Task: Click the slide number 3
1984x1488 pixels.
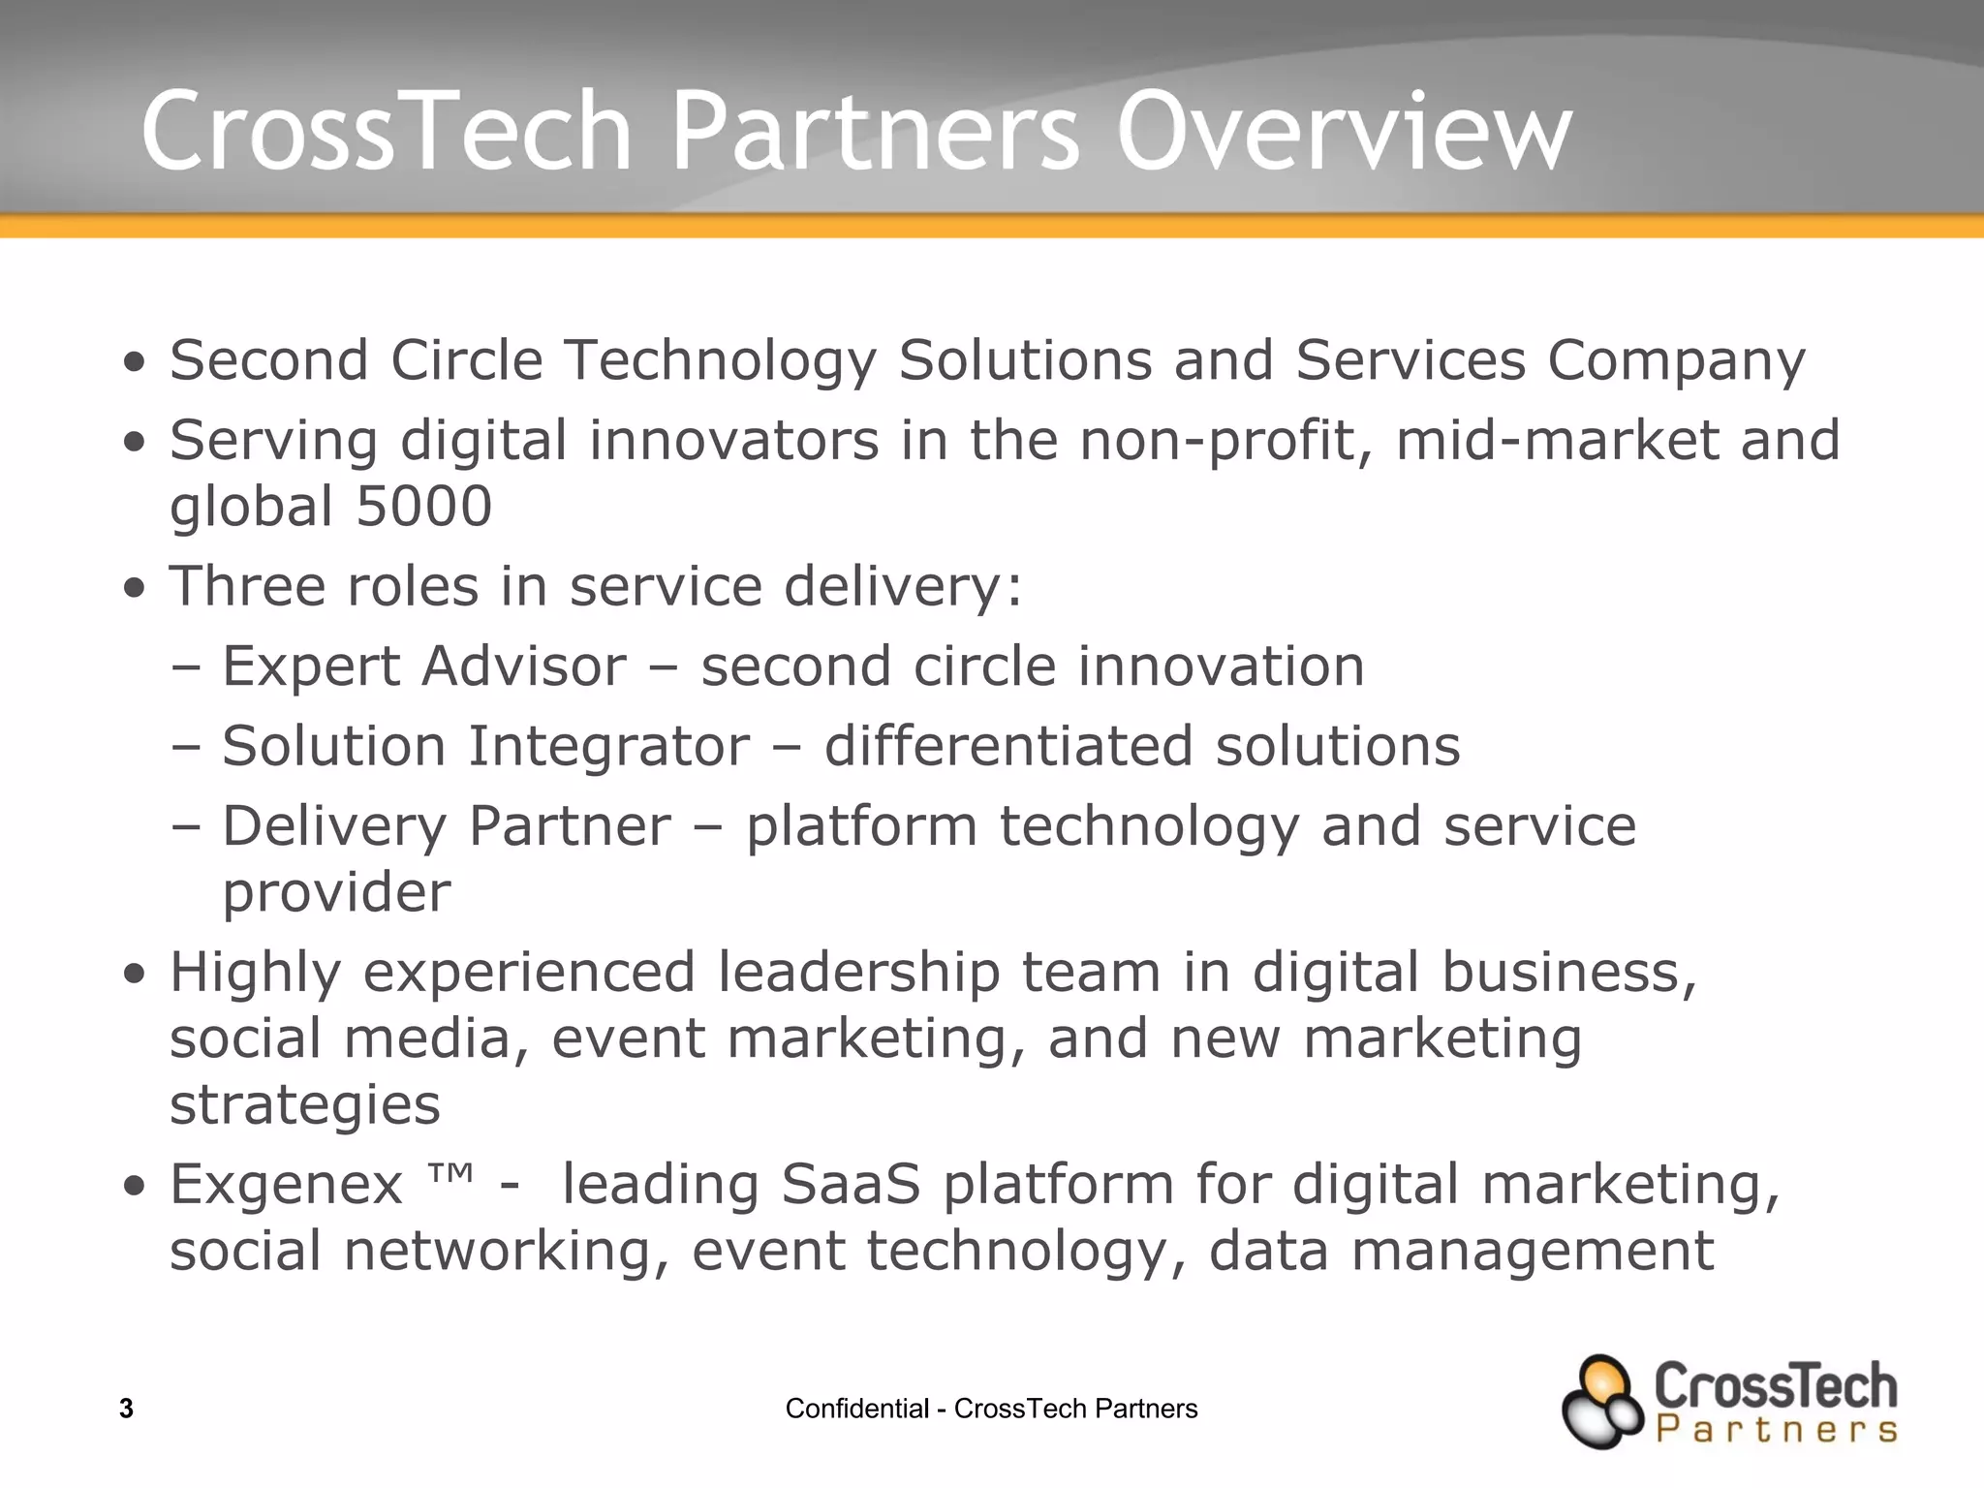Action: tap(126, 1409)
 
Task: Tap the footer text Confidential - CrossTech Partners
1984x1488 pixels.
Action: tap(991, 1409)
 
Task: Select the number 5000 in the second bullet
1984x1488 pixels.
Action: tap(424, 507)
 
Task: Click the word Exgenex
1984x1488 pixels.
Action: tap(286, 1185)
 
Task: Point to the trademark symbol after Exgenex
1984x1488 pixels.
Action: tap(450, 1175)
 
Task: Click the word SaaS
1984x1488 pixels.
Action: tap(851, 1185)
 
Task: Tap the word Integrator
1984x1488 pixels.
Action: tap(609, 747)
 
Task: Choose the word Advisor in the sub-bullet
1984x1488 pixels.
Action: tap(523, 666)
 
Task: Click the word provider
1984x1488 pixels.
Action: tap(336, 892)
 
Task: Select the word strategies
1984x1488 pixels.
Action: tap(305, 1105)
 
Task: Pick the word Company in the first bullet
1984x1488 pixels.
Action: tap(1676, 361)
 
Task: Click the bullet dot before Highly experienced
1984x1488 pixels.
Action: tap(135, 974)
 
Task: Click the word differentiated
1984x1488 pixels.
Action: tap(1008, 747)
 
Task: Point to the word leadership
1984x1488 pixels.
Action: tap(858, 973)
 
